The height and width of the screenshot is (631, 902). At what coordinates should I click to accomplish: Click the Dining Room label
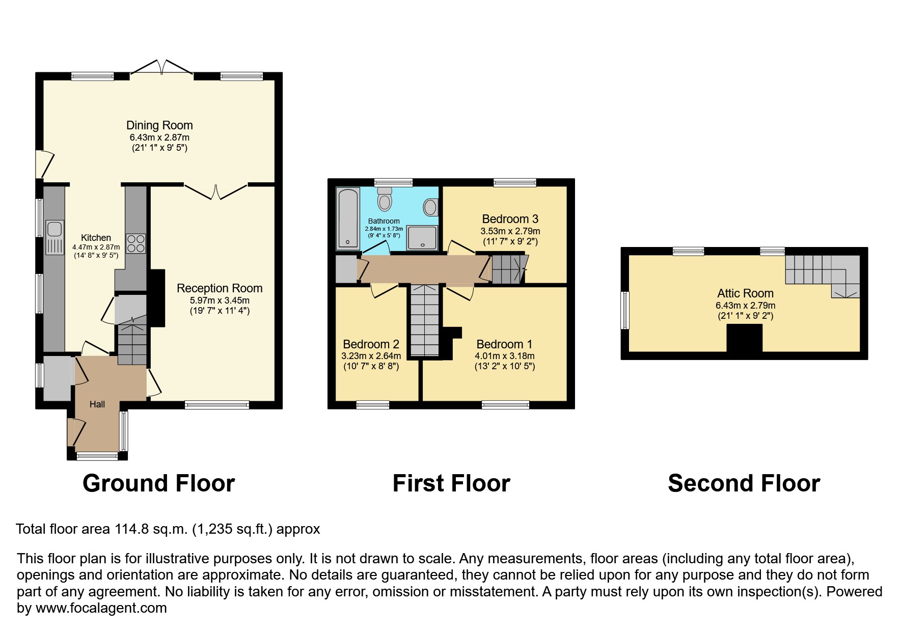tap(159, 125)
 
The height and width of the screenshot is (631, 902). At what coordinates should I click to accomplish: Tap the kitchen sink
tap(54, 237)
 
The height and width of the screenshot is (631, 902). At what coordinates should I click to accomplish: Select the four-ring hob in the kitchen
tap(135, 243)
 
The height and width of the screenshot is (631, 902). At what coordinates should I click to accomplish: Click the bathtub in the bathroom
tap(348, 219)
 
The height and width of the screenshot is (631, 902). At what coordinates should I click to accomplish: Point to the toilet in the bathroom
tap(385, 199)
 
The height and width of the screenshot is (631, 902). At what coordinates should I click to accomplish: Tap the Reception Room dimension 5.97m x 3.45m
tap(220, 300)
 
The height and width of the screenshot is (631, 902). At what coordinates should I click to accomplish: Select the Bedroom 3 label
tap(510, 219)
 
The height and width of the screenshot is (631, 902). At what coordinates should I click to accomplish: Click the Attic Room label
tap(745, 293)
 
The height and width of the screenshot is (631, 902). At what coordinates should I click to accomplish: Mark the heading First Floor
tap(451, 483)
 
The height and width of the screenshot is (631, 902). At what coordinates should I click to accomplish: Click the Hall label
tap(97, 404)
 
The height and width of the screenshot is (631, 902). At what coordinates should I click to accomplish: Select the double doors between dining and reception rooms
tap(215, 191)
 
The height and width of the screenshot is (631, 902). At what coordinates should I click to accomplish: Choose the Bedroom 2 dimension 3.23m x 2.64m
tap(371, 356)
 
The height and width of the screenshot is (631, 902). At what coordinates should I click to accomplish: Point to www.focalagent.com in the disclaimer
tap(101, 608)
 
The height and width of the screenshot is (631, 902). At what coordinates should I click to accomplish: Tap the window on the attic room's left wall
tap(624, 310)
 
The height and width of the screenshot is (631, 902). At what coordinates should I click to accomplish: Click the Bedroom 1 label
tap(504, 344)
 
